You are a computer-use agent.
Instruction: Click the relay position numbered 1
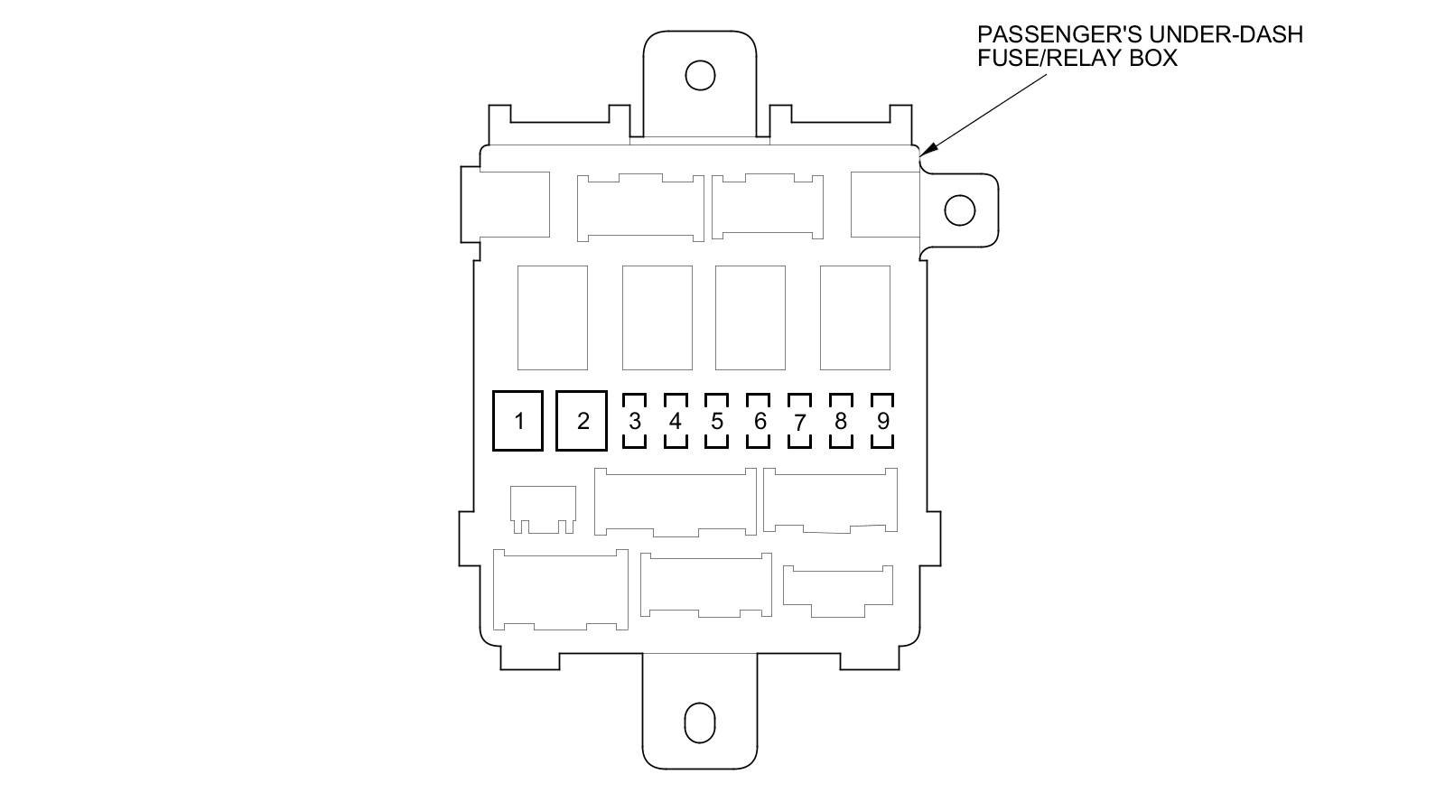(517, 421)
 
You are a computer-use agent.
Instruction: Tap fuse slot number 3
(635, 421)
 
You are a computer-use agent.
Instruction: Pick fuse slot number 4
(676, 421)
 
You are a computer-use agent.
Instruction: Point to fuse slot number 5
(717, 421)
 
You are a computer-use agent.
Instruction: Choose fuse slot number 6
(759, 421)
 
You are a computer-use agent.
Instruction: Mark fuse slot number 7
(799, 421)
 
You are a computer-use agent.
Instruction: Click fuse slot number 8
(841, 421)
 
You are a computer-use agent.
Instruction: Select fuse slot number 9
(882, 421)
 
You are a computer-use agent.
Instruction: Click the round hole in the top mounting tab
(700, 75)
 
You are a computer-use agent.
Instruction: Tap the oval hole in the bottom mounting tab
(700, 723)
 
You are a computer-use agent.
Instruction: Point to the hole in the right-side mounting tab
(960, 210)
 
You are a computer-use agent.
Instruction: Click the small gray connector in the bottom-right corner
(837, 590)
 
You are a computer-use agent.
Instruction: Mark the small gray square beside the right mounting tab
(884, 204)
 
